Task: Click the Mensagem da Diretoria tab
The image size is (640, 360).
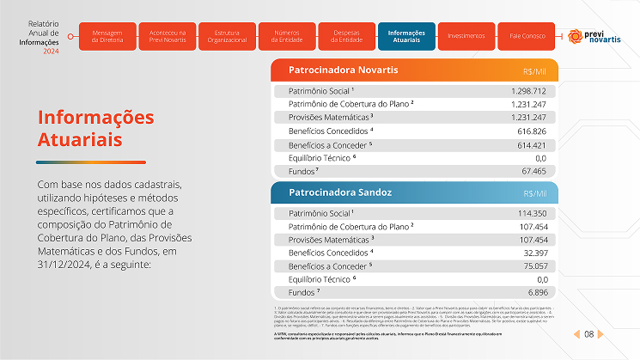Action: tap(106, 36)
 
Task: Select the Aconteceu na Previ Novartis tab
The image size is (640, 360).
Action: tap(167, 36)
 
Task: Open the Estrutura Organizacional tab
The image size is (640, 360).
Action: tap(227, 36)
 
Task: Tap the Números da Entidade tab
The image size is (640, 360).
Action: tap(285, 36)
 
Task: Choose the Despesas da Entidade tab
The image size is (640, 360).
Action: tap(345, 36)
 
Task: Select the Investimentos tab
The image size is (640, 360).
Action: tap(466, 36)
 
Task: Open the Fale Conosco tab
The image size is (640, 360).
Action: tap(527, 36)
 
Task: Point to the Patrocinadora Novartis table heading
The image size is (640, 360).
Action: tap(336, 70)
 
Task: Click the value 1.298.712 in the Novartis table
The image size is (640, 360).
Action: tap(528, 90)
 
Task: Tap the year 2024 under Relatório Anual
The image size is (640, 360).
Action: tap(51, 52)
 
